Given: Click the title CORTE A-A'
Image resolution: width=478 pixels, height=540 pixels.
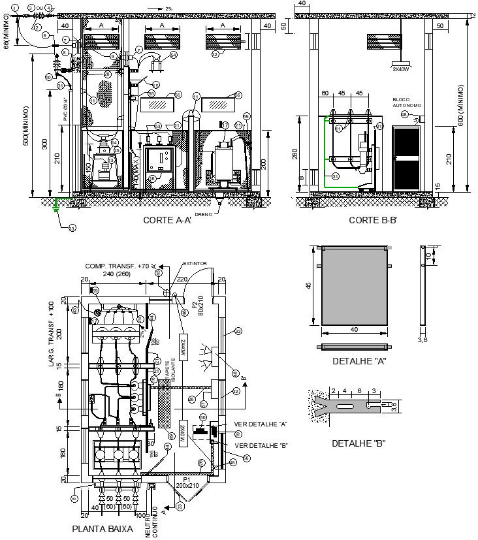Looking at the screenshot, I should coord(167,221).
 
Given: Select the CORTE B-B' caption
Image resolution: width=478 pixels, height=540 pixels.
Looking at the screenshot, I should coord(373,221).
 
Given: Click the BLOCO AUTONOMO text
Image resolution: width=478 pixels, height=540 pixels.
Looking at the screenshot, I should coord(407,103).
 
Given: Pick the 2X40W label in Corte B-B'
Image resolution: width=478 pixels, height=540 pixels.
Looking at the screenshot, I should coord(400,69).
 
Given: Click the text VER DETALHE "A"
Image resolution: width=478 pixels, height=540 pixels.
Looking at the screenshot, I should coord(261,424).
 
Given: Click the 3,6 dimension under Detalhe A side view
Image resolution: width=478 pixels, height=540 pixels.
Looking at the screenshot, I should coord(421,340).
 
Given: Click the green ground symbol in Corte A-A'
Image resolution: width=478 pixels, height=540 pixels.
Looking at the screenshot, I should coord(56,204).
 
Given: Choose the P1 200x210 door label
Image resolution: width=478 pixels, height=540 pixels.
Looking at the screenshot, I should coord(188,483).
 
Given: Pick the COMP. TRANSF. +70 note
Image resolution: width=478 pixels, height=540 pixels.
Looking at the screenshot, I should coord(120,266).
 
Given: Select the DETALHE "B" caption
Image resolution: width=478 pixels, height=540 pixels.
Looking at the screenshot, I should coord(358,443).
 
